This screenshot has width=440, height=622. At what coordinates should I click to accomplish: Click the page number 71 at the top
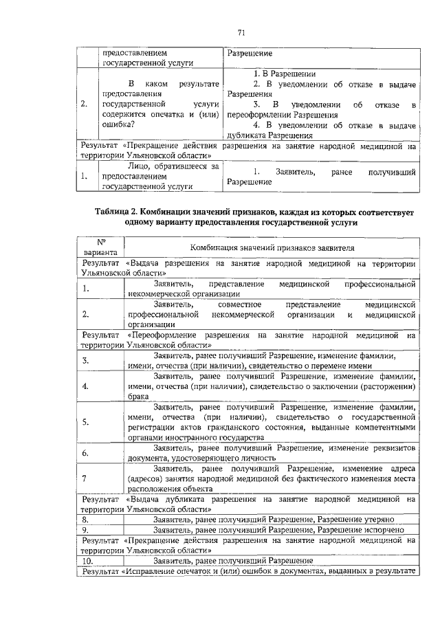pos(241,32)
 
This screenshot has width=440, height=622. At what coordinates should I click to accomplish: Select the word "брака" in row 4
pos(138,397)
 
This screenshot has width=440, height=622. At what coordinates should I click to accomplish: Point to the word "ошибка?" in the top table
pos(118,125)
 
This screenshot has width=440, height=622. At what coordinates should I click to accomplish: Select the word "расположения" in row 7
pos(153,488)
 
